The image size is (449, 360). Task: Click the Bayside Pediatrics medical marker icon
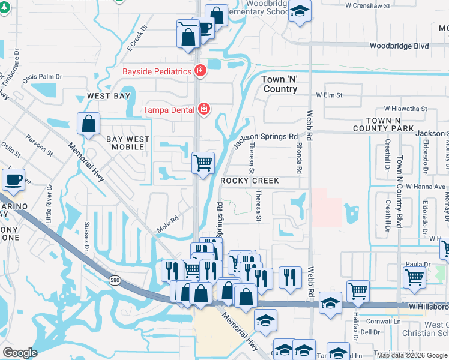tap(200, 71)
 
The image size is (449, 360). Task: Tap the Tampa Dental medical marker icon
tap(204, 109)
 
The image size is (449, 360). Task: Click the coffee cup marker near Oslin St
tap(13, 179)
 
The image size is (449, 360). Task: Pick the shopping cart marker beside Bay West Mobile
tap(203, 162)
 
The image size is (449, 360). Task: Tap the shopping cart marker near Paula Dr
tap(415, 277)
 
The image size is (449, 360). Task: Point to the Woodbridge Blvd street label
tap(399, 46)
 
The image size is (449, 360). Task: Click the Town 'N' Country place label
tap(280, 84)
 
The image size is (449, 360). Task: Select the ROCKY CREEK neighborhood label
tap(249, 181)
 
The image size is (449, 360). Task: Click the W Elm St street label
tap(330, 95)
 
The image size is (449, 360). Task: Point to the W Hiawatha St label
tap(406, 109)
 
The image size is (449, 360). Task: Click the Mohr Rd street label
tap(168, 220)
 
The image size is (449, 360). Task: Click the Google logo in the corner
tap(20, 353)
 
